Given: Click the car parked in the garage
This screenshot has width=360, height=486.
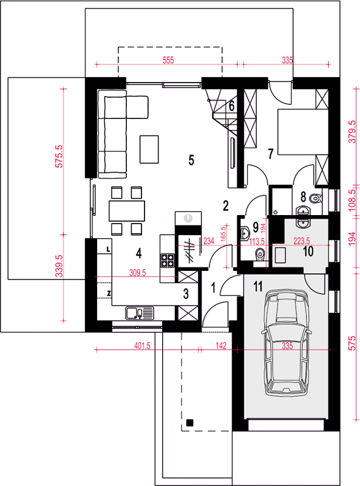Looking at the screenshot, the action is pyautogui.click(x=287, y=343).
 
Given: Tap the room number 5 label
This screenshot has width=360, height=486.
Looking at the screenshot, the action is pyautogui.click(x=191, y=160).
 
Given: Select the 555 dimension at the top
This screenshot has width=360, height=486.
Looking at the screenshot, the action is pyautogui.click(x=168, y=60).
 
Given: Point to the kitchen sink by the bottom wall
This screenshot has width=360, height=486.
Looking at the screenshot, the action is pyautogui.click(x=140, y=313).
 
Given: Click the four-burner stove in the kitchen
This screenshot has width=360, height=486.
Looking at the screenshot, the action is pyautogui.click(x=167, y=261).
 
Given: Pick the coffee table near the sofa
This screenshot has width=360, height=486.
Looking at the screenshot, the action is pyautogui.click(x=149, y=149).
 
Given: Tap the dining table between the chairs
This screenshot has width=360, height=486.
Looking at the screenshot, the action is pyautogui.click(x=127, y=211).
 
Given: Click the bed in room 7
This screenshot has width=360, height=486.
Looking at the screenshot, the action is pyautogui.click(x=303, y=131).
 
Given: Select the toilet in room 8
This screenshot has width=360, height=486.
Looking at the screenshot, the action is pyautogui.click(x=316, y=197).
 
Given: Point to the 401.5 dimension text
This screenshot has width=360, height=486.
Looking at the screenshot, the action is pyautogui.click(x=142, y=345).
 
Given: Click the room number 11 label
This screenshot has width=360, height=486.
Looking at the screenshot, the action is pyautogui.click(x=258, y=287).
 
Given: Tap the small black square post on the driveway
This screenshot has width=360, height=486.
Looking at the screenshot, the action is pyautogui.click(x=189, y=422).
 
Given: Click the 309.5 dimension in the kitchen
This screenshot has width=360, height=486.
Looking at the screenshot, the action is pyautogui.click(x=137, y=273).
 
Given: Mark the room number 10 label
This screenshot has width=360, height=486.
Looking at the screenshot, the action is pyautogui.click(x=308, y=252).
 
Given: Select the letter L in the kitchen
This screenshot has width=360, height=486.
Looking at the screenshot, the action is pyautogui.click(x=108, y=249).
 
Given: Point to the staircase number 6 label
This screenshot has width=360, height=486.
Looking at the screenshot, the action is pyautogui.click(x=231, y=106).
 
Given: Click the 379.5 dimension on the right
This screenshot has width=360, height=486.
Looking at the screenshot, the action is pyautogui.click(x=353, y=131).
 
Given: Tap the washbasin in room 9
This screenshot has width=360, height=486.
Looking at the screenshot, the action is pyautogui.click(x=245, y=233).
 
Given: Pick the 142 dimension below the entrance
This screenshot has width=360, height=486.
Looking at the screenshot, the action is pyautogui.click(x=221, y=345).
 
